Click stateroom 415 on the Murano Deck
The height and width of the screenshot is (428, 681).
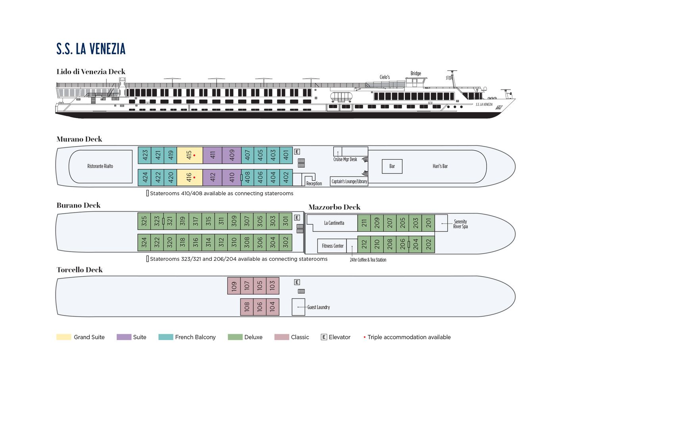190,155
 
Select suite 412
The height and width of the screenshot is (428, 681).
212,178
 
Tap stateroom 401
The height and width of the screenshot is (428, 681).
286,155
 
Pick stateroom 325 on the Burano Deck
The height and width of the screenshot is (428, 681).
144,221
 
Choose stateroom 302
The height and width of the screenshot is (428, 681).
286,243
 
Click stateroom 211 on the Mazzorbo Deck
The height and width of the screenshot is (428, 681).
364,223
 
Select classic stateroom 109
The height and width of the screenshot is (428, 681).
234,286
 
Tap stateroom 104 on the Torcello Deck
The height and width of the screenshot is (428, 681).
273,307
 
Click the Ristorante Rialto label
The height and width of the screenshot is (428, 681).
100,166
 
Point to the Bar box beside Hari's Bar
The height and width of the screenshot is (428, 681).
392,166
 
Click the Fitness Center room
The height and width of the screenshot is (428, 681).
332,246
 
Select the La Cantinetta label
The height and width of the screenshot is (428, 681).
334,223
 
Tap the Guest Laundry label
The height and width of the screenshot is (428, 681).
318,308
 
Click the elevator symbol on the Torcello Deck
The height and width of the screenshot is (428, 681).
297,282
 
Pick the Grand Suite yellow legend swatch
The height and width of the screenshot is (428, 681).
63,337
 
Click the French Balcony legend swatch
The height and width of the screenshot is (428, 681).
165,337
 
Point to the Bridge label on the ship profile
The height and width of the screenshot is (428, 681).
416,73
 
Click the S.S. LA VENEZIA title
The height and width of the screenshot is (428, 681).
91,49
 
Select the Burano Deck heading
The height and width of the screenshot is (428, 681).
79,205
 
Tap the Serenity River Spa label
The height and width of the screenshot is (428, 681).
460,224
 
